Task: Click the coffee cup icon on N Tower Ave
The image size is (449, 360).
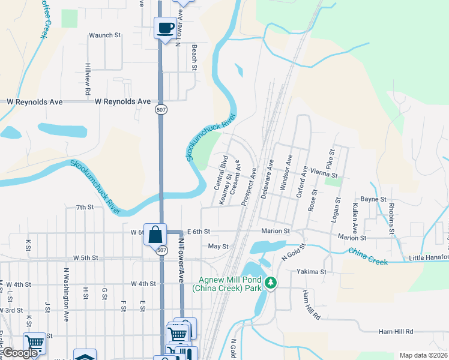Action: click(165, 27)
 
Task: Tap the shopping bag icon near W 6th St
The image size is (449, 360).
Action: click(155, 233)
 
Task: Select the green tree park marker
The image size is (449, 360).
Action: click(271, 283)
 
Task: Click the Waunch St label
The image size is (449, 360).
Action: click(105, 35)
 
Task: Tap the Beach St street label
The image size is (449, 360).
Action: click(194, 57)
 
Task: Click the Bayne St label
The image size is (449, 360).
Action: click(373, 199)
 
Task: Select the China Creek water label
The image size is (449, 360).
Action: click(367, 256)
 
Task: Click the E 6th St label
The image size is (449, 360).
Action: click(198, 232)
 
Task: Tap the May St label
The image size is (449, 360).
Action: click(218, 247)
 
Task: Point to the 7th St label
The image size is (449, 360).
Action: click(85, 207)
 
